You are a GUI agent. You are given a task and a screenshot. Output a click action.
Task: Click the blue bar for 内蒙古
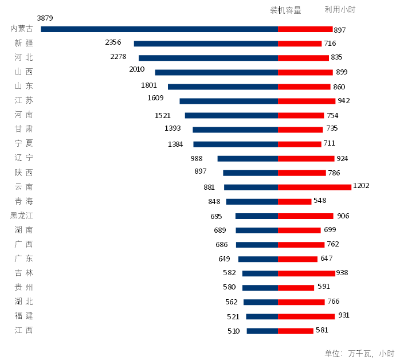pyautogui.click(x=159, y=29)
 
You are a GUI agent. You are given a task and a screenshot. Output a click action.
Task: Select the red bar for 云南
pyautogui.click(x=315, y=187)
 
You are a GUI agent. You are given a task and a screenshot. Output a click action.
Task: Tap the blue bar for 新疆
pyautogui.click(x=206, y=44)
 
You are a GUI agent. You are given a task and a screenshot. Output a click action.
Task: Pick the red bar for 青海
pyautogui.click(x=295, y=201)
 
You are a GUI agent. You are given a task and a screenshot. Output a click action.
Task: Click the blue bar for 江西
pyautogui.click(x=262, y=331)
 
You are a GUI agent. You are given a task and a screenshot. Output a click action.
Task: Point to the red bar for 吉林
pyautogui.click(x=307, y=273)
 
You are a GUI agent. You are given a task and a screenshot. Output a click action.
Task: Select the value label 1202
pyautogui.click(x=362, y=186)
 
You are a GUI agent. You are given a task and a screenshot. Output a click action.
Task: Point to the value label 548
pyautogui.click(x=320, y=201)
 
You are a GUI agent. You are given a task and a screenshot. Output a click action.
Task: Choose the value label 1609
pyautogui.click(x=155, y=97)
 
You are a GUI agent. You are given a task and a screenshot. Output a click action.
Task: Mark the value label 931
pyautogui.click(x=344, y=315)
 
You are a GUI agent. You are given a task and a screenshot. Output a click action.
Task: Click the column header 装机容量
pyautogui.click(x=286, y=10)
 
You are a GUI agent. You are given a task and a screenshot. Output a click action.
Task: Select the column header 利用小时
pyautogui.click(x=340, y=10)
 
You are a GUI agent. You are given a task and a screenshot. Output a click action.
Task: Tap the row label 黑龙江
pyautogui.click(x=22, y=216)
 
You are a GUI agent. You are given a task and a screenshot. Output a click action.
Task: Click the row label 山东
pyautogui.click(x=24, y=87)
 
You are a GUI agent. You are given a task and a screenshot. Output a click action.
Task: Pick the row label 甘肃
pyautogui.click(x=24, y=130)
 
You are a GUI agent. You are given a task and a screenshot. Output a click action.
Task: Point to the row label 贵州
pyautogui.click(x=24, y=287)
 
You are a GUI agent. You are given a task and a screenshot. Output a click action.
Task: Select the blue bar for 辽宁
pyautogui.click(x=248, y=159)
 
